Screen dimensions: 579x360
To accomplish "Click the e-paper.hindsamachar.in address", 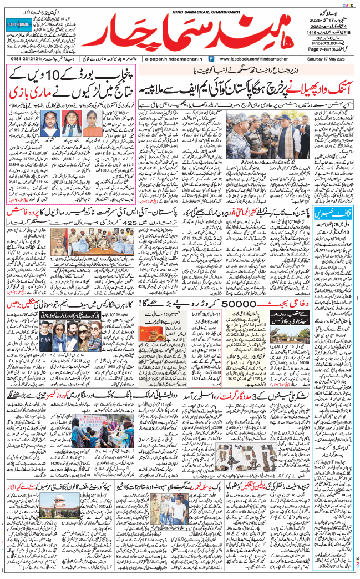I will pos(172,58).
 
